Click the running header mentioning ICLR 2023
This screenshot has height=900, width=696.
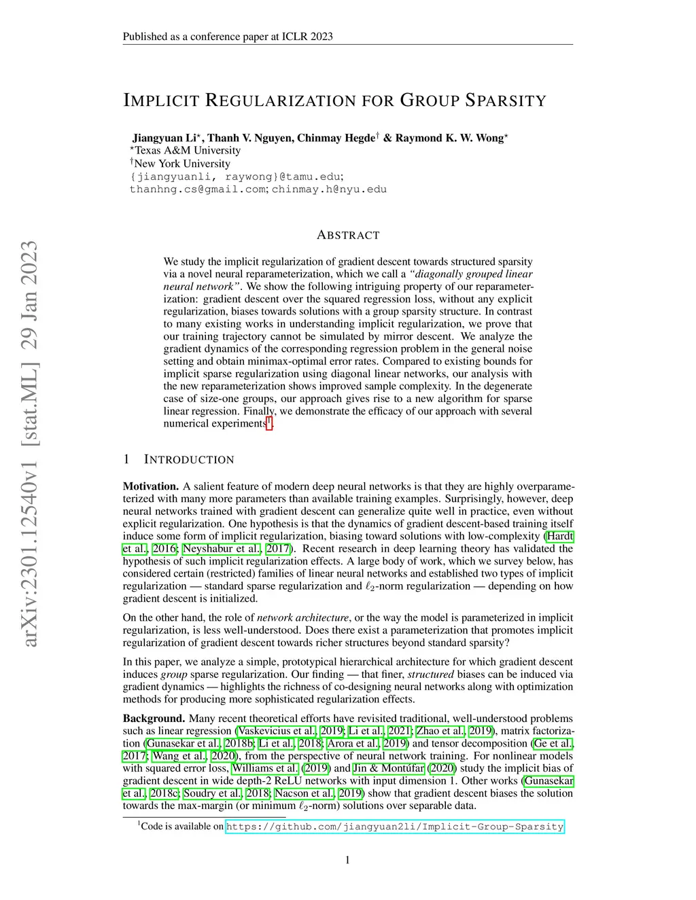point(228,37)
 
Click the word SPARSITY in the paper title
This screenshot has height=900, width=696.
point(506,101)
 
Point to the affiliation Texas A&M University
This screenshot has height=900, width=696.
point(187,150)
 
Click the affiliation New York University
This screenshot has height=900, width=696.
point(182,163)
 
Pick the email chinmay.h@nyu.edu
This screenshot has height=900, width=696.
point(329,190)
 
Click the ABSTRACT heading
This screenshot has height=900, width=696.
point(348,235)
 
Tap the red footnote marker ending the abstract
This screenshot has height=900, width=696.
point(269,423)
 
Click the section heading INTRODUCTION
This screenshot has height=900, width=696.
point(189,460)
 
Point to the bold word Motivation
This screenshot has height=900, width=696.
point(150,486)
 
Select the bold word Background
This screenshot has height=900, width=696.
point(154,719)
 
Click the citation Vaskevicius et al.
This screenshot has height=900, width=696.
point(277,731)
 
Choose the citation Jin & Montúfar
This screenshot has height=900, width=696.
point(389,768)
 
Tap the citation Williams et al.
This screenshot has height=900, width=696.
point(265,768)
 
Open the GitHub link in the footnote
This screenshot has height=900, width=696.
point(394,827)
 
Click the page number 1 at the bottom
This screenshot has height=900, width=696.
point(348,860)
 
